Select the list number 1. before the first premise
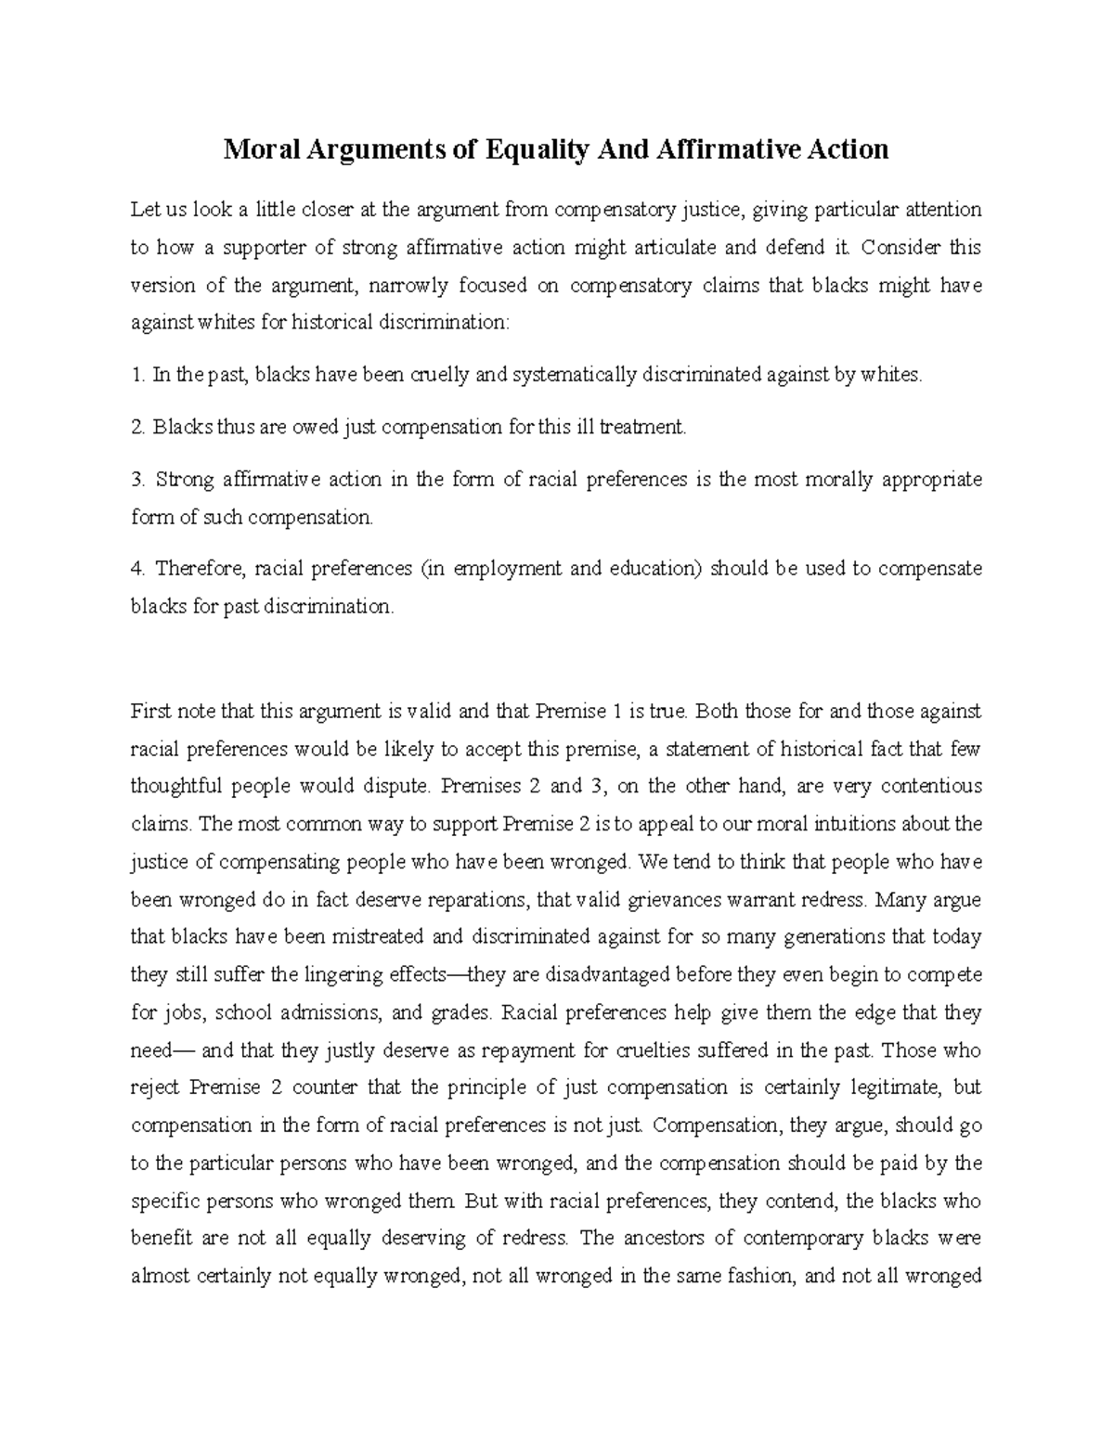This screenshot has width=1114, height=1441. [x=138, y=376]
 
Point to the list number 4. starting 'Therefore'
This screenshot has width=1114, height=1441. [x=138, y=569]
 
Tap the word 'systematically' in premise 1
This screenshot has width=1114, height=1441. [x=572, y=376]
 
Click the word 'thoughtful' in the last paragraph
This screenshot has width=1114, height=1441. [x=176, y=787]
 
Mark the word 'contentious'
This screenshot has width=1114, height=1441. [x=931, y=787]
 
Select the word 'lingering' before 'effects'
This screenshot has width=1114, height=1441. [x=323, y=976]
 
